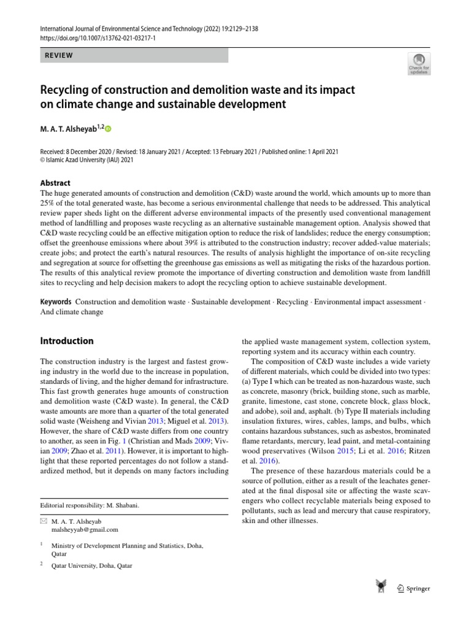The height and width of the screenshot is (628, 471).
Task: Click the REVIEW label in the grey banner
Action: [59, 55]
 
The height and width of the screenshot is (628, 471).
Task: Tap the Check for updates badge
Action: [418, 64]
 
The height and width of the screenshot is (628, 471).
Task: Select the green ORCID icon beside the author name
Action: [109, 129]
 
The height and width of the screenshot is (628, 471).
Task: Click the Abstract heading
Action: [55, 183]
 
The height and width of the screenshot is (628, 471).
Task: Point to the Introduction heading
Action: [67, 341]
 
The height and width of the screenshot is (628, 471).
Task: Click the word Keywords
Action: [55, 302]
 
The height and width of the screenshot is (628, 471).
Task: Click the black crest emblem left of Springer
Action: [380, 587]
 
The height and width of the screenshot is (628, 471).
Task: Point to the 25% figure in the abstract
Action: [48, 203]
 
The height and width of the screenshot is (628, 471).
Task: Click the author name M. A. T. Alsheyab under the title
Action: [69, 129]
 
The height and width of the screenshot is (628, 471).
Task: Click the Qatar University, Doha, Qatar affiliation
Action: [91, 565]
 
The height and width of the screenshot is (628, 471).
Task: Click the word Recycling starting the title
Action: [66, 90]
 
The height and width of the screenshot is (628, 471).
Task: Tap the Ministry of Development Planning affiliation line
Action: [128, 545]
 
